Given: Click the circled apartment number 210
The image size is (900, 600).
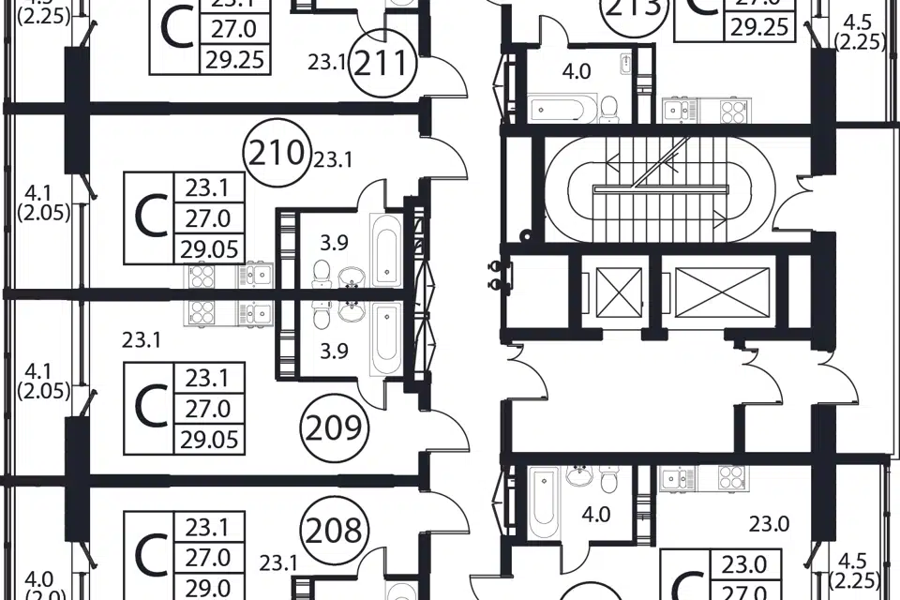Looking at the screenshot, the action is point(276,152).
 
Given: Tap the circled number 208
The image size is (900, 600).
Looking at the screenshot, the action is point(335,531).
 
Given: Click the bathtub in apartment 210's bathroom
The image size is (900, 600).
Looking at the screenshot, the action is point(385,249).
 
